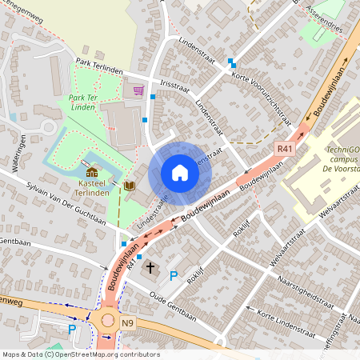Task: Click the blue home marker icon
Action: coord(180,173)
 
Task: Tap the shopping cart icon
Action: coord(138,90)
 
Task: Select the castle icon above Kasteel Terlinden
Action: coord(92,171)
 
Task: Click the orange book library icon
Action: coord(130,186)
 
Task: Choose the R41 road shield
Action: coord(284,149)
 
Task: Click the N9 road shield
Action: coord(128,322)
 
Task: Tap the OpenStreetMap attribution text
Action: coord(80,354)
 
